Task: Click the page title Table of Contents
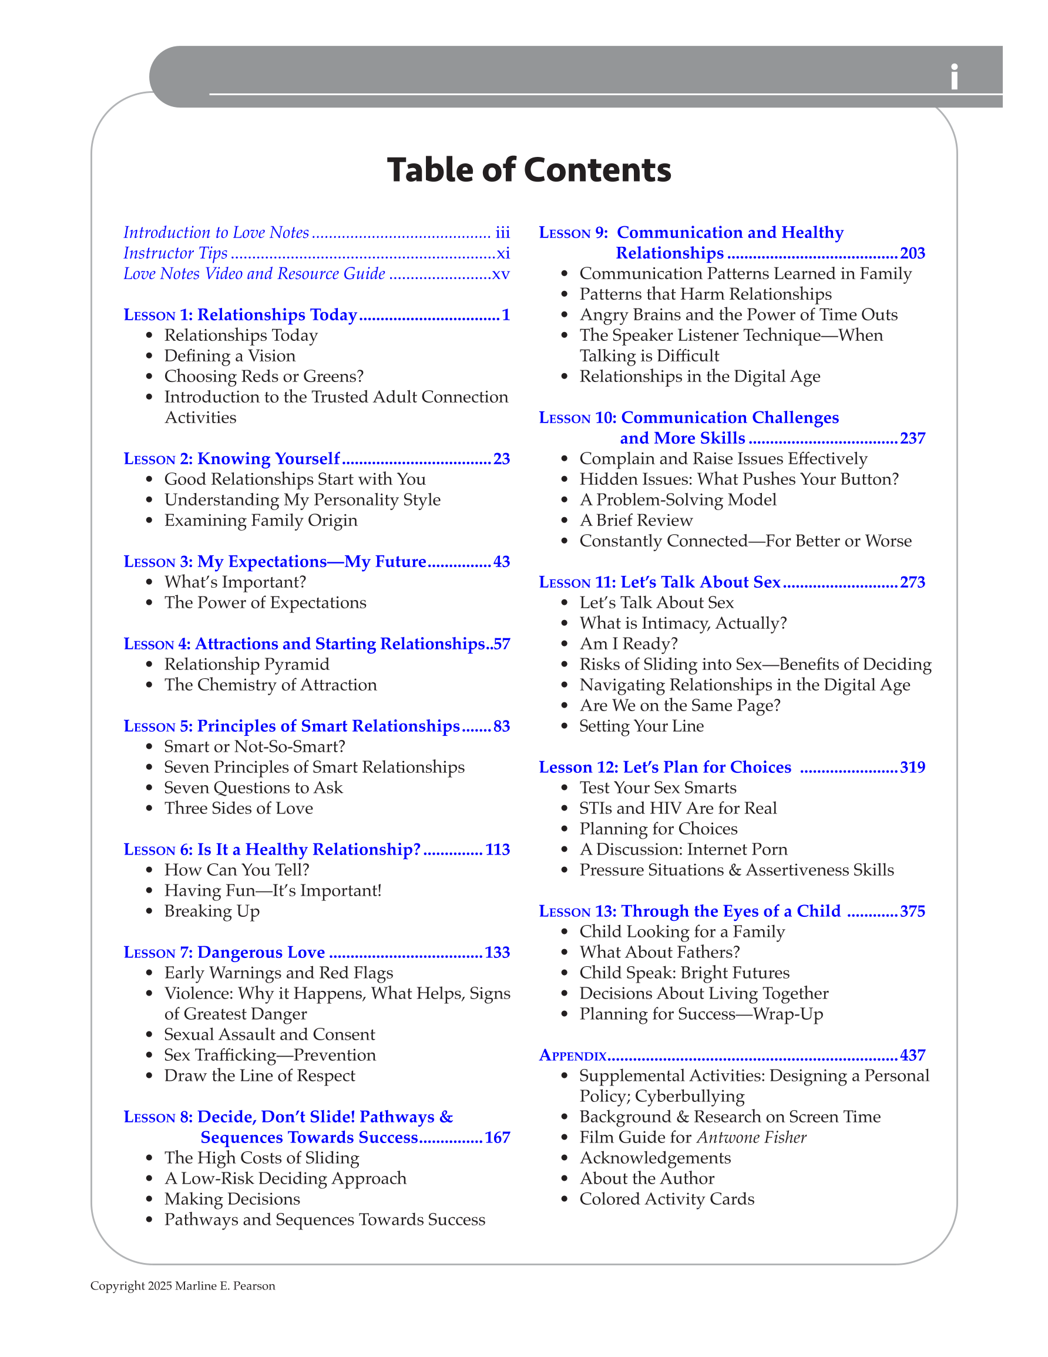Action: (x=529, y=170)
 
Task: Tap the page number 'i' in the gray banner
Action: (x=953, y=78)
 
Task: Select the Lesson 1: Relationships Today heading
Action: (x=240, y=315)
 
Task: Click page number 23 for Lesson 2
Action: (x=501, y=459)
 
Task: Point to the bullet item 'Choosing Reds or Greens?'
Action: (x=263, y=377)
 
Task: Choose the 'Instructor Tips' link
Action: (x=175, y=253)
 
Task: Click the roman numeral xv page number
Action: (x=501, y=274)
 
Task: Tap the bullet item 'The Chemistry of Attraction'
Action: (x=270, y=685)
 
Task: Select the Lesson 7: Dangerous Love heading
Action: (x=224, y=953)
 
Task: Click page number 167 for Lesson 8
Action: (x=497, y=1138)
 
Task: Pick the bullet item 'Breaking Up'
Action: (x=212, y=912)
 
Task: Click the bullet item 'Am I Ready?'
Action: (x=628, y=644)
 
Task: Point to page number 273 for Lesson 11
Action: (x=912, y=582)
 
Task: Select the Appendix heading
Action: (x=572, y=1056)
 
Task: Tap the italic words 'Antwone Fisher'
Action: (x=751, y=1138)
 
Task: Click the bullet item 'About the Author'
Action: (x=647, y=1179)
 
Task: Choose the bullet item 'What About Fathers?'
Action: (x=659, y=953)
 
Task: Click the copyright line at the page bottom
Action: (x=183, y=1286)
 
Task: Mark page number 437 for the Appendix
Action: (x=912, y=1056)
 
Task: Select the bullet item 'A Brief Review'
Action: (x=636, y=521)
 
